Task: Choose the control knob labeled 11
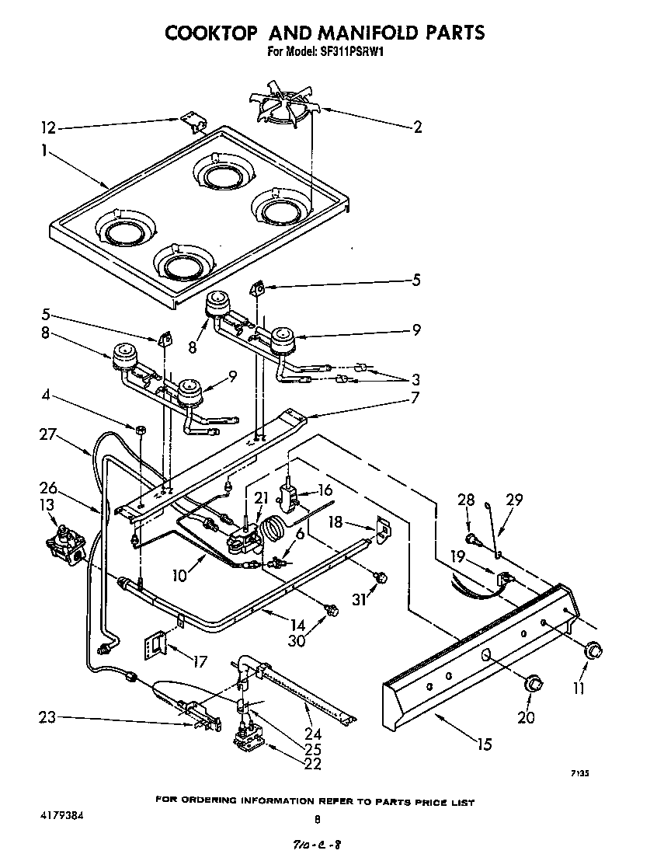594,650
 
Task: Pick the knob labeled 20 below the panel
532,682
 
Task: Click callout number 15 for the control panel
484,744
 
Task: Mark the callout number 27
48,435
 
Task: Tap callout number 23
48,717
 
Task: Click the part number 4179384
61,816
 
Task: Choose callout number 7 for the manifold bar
415,398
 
